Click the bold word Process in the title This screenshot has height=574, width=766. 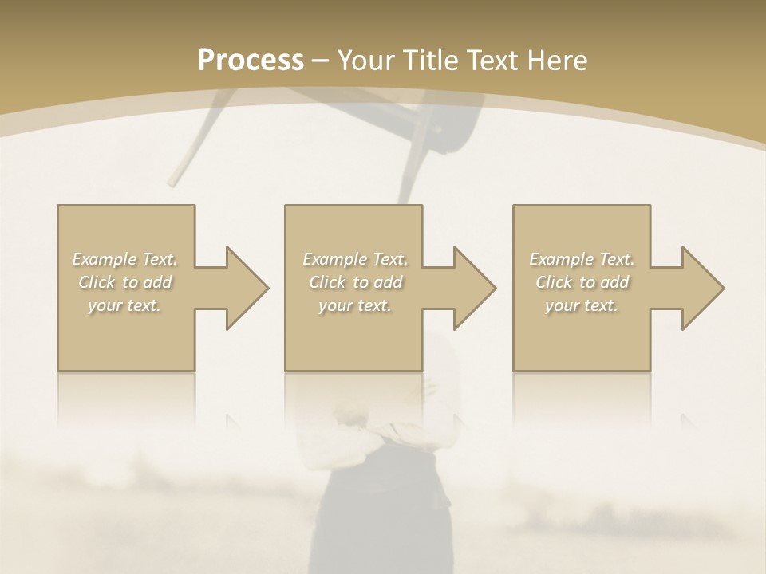pos(251,61)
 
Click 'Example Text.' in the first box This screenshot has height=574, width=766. pos(125,259)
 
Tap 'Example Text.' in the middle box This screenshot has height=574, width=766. pos(355,259)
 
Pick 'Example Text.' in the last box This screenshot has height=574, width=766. pos(582,259)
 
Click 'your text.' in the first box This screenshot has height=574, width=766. pos(124,305)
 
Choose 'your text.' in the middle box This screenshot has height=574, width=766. pos(354,305)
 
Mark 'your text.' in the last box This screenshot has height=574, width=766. pos(582,305)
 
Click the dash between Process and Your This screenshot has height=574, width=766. pos(321,61)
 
